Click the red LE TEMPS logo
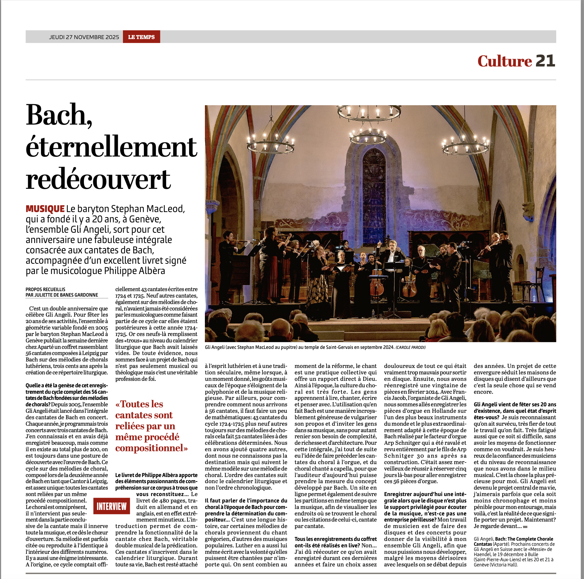(x=141, y=37)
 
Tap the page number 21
(x=545, y=61)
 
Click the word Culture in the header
(x=504, y=61)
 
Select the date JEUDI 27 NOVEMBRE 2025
(x=84, y=37)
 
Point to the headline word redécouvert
(x=98, y=179)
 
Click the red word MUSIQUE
(x=45, y=209)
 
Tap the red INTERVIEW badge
(x=112, y=506)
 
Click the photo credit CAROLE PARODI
(x=410, y=347)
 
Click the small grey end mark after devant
(x=525, y=526)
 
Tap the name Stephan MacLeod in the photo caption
(x=266, y=347)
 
